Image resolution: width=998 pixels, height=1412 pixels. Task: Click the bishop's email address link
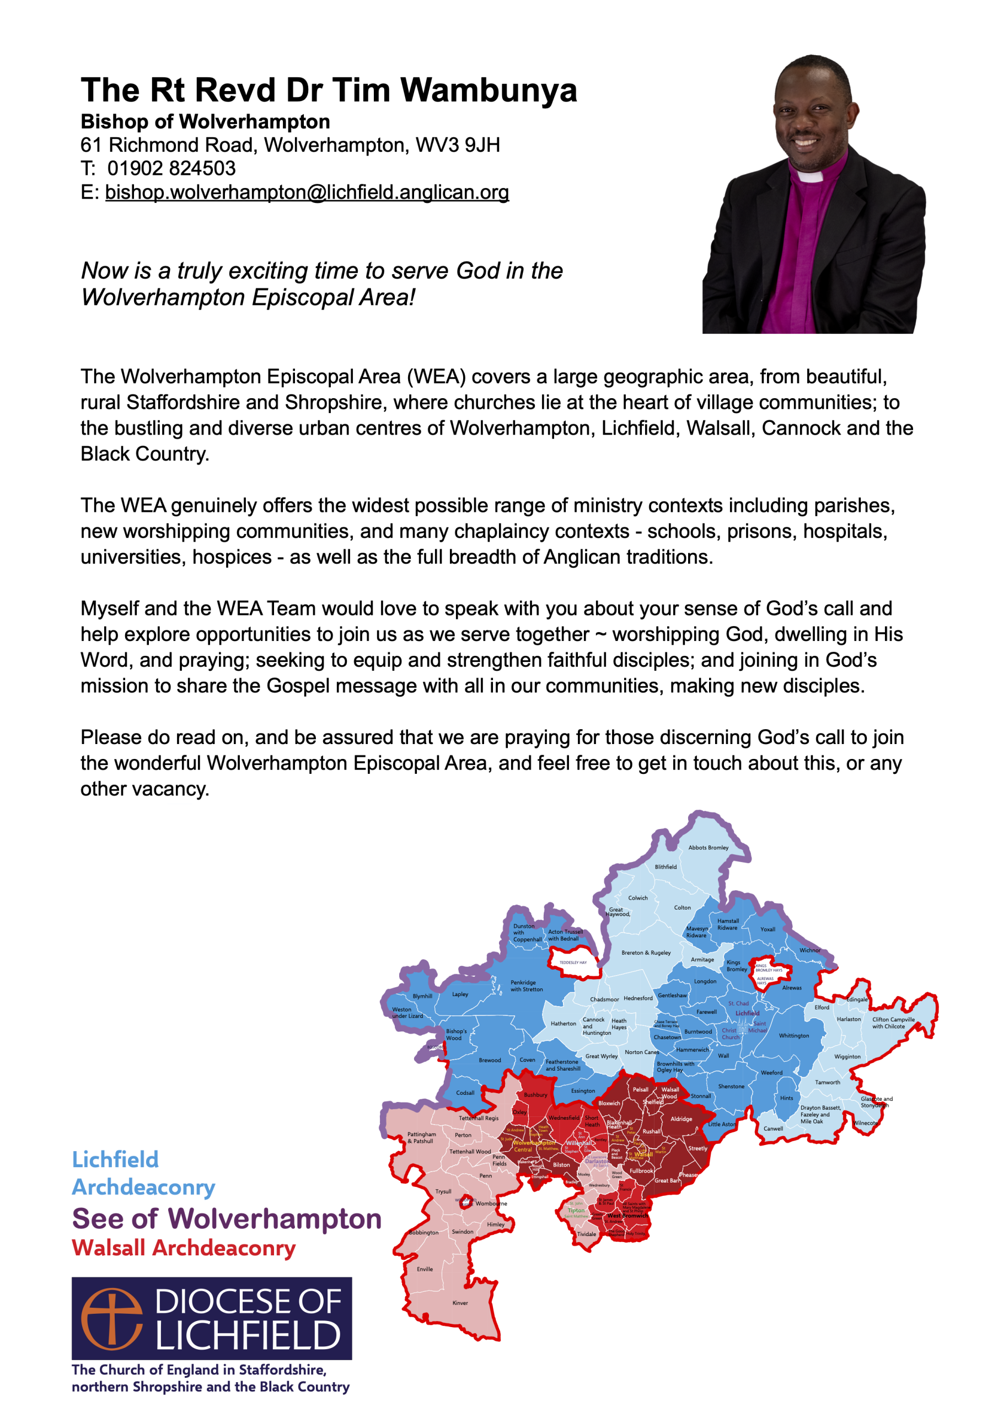click(307, 192)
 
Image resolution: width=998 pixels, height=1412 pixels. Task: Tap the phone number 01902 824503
click(171, 169)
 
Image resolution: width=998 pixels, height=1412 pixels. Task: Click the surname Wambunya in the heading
click(489, 90)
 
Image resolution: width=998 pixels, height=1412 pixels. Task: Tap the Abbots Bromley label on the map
click(708, 847)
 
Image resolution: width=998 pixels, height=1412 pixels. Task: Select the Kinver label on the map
click(460, 1303)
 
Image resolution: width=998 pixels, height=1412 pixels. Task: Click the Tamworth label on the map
click(827, 1082)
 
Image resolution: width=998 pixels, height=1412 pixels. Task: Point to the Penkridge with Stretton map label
click(527, 986)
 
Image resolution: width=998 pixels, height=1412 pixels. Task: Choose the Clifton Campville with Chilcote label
click(893, 1023)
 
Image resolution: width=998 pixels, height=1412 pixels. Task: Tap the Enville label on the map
click(425, 1269)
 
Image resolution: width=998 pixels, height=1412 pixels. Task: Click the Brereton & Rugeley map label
click(646, 953)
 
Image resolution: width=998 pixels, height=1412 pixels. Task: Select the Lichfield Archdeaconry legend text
click(143, 1173)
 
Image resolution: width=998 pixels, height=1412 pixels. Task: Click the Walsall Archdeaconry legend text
click(183, 1248)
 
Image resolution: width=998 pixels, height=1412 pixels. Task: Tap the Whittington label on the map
click(794, 1036)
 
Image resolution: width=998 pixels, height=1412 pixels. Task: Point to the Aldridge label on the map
click(681, 1119)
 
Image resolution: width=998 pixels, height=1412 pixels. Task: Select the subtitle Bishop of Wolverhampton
click(205, 122)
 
